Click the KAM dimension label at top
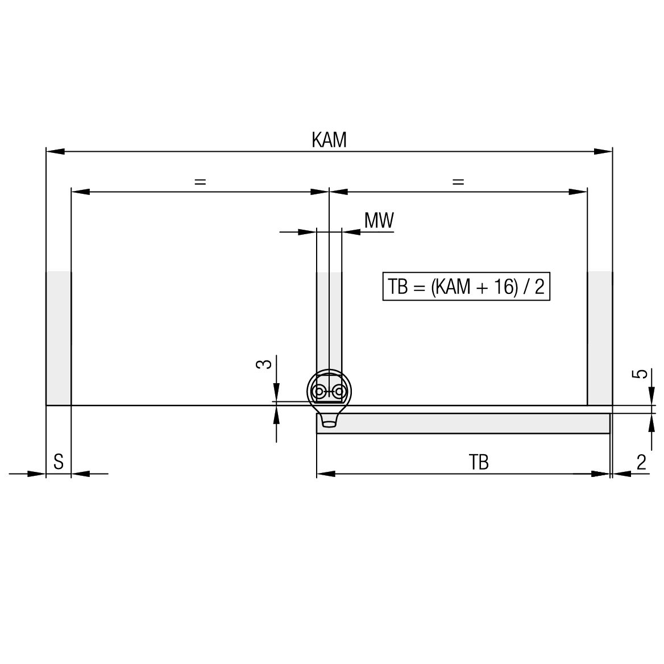coord(329,140)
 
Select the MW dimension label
coord(379,220)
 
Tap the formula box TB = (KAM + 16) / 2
coord(466,287)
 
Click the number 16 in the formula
coord(504,287)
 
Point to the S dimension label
coord(59,462)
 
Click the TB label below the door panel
coord(479,462)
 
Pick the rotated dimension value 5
coord(642,374)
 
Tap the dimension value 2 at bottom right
coord(642,462)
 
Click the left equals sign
coord(200,182)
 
